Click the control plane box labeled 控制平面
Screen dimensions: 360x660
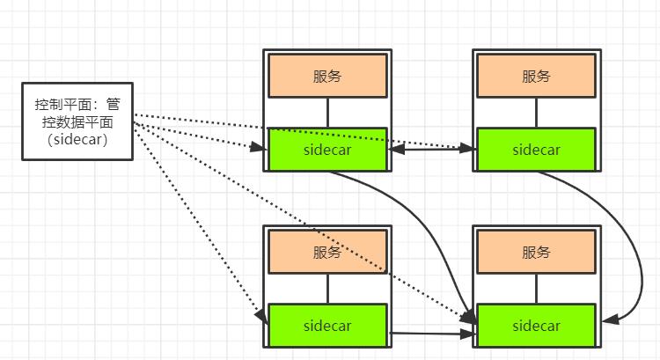pyautogui.click(x=77, y=121)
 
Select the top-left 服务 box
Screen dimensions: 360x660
pyautogui.click(x=327, y=76)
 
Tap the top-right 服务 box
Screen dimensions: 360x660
pyautogui.click(x=536, y=76)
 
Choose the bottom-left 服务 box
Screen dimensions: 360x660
pyautogui.click(x=327, y=253)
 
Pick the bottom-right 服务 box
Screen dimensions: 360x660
pyautogui.click(x=536, y=253)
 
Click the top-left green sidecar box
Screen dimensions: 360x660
pyautogui.click(x=327, y=149)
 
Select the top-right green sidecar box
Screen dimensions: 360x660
pyautogui.click(x=536, y=149)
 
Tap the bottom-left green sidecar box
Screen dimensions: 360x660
pyautogui.click(x=327, y=326)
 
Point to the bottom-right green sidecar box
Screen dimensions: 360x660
pyautogui.click(x=536, y=326)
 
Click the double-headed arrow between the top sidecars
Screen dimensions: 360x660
pyautogui.click(x=431, y=150)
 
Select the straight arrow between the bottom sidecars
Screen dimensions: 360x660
pyautogui.click(x=431, y=334)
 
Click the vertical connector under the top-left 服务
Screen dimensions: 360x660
pyautogui.click(x=327, y=112)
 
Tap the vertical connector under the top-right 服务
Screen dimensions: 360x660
pyautogui.click(x=536, y=112)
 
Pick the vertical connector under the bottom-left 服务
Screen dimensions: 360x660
pyautogui.click(x=327, y=289)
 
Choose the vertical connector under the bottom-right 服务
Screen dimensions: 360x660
pyautogui.click(x=536, y=289)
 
